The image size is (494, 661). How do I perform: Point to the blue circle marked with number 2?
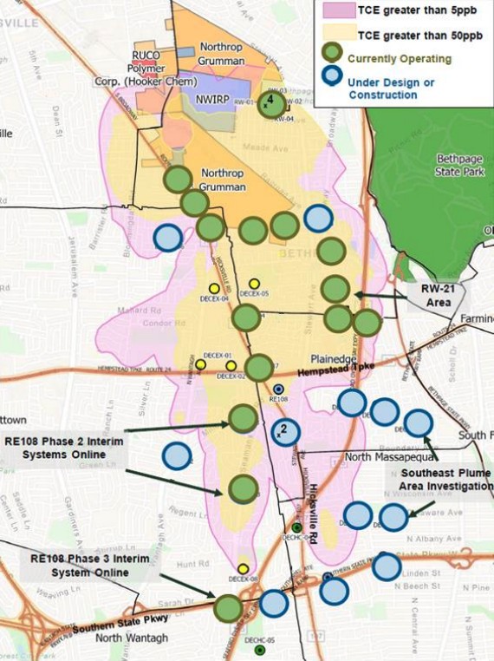coord(285,431)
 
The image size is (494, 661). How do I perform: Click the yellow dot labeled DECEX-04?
coord(214,288)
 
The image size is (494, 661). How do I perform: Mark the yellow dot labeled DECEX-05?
coord(254,284)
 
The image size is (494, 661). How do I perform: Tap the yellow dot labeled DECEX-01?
coord(200,365)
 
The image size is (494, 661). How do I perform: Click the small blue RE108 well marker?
coord(278,389)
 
